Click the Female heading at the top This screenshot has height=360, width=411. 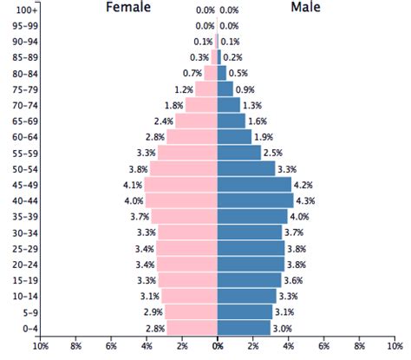pyautogui.click(x=127, y=9)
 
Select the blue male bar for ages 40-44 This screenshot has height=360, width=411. pyautogui.click(x=255, y=200)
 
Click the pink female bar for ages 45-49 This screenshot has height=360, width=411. pyautogui.click(x=180, y=184)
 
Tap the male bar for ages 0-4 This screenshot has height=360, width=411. pyautogui.click(x=244, y=327)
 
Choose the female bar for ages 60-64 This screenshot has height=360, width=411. pyautogui.click(x=192, y=136)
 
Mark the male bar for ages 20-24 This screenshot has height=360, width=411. pyautogui.click(x=251, y=264)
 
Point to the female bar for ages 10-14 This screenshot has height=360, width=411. pyautogui.click(x=189, y=296)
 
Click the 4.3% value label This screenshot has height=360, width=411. pyautogui.click(x=305, y=200)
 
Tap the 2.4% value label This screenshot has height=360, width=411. pyautogui.click(x=163, y=121)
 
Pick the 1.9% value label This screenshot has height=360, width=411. pyautogui.click(x=264, y=136)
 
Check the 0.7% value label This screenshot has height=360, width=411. pyautogui.click(x=192, y=73)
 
